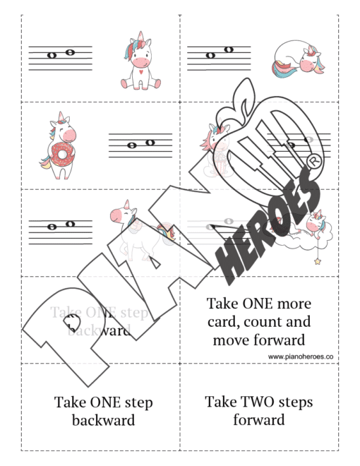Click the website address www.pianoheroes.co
pos(301,357)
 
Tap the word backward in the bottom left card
pos(103,421)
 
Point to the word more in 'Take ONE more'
pos(292,304)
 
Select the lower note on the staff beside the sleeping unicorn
pos(210,55)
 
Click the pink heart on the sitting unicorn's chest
pos(141,71)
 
